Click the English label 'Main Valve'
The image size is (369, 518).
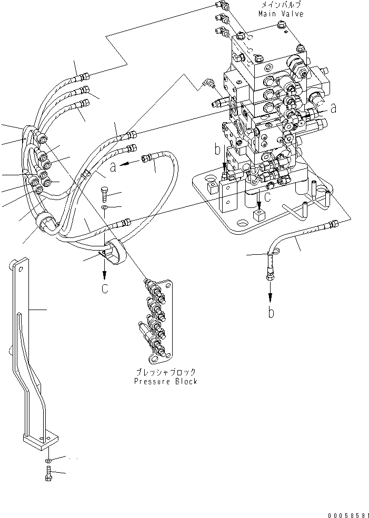coord(281,14)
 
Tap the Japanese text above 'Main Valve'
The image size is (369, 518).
coord(281,5)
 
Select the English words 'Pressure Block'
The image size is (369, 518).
coord(166,381)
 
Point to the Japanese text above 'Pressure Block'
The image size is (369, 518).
coord(166,372)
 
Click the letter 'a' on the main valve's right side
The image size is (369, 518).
coord(333,109)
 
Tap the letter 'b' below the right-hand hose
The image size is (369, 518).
coord(271,313)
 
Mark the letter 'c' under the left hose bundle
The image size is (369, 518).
coord(105,288)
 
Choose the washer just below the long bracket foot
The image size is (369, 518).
coord(48,461)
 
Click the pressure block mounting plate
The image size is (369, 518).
coord(158,321)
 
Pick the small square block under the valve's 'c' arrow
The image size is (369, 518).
coord(258,215)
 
